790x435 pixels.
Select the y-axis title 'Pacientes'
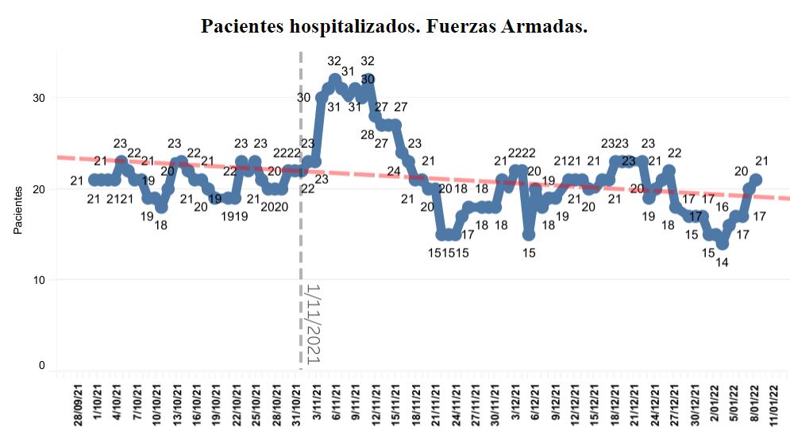(17, 211)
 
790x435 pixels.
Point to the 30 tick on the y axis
(38, 98)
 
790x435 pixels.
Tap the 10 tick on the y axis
(38, 280)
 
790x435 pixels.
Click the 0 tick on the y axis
(41, 366)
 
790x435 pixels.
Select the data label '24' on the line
(394, 172)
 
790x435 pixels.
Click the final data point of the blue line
(756, 180)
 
